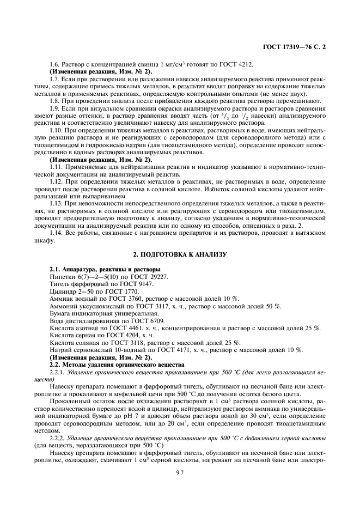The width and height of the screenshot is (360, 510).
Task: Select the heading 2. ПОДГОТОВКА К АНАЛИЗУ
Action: point(180,255)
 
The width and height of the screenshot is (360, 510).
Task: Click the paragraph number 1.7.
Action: point(56,80)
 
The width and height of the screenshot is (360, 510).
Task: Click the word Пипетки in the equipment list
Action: point(63,277)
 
